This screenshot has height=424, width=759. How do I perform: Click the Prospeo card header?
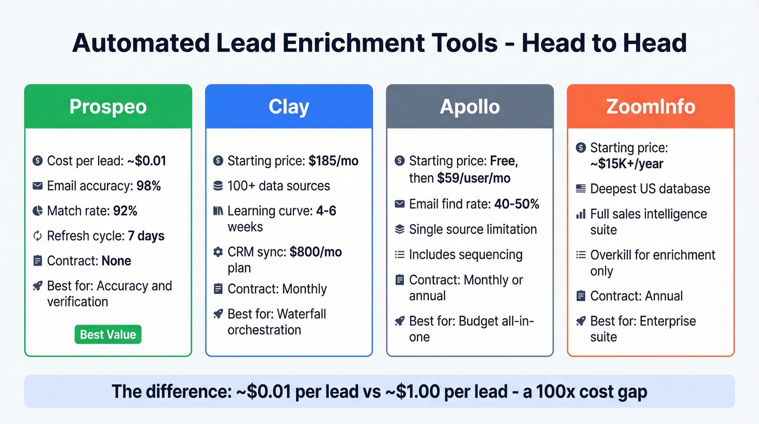pyautogui.click(x=108, y=106)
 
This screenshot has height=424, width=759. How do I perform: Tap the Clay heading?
pyautogui.click(x=289, y=106)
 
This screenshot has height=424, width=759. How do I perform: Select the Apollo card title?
pyautogui.click(x=469, y=106)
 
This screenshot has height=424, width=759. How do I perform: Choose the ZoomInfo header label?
pyautogui.click(x=651, y=106)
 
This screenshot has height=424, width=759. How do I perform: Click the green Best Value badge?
pyautogui.click(x=108, y=334)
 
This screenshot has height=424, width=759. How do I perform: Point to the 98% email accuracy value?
pyautogui.click(x=149, y=186)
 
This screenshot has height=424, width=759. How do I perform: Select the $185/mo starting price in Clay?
pyautogui.click(x=333, y=161)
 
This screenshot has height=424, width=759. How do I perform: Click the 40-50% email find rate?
pyautogui.click(x=516, y=204)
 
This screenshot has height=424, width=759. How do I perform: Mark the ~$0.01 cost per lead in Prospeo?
pyautogui.click(x=146, y=161)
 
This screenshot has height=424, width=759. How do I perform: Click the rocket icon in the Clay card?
pyautogui.click(x=218, y=314)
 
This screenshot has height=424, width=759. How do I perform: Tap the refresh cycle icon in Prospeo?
pyautogui.click(x=37, y=236)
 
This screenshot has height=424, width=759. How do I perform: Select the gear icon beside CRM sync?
pyautogui.click(x=218, y=252)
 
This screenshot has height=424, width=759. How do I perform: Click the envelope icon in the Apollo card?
pyautogui.click(x=400, y=204)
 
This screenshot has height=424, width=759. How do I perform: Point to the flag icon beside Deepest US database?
pyautogui.click(x=580, y=189)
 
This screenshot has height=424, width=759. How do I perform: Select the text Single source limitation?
pyautogui.click(x=473, y=229)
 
